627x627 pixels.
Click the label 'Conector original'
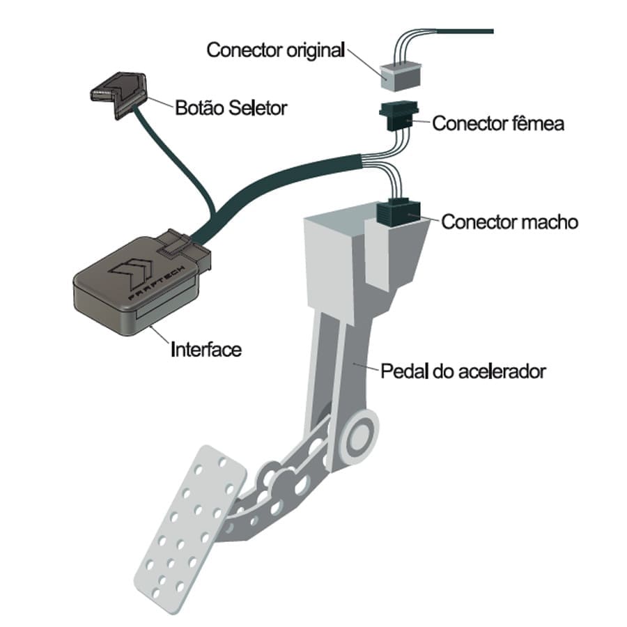276,50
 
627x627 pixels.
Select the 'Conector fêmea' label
497,123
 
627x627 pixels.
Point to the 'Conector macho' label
509,222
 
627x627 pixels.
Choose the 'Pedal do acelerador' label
463,370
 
